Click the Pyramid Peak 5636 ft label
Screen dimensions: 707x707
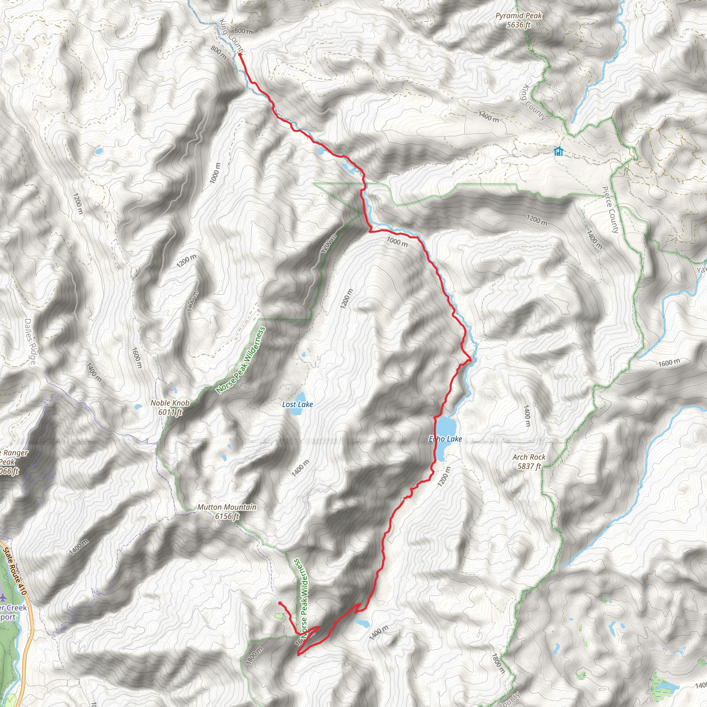click(518, 20)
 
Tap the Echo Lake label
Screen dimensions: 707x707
click(445, 439)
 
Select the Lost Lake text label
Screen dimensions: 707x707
click(298, 404)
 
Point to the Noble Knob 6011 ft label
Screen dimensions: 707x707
click(170, 407)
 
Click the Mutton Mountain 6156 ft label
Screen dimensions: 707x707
click(227, 512)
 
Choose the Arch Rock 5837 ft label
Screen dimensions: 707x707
click(529, 462)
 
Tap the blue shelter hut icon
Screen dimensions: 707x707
click(558, 151)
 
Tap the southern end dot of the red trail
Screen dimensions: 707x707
click(280, 603)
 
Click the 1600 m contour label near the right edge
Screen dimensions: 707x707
click(669, 363)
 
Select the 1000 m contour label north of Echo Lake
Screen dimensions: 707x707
click(397, 242)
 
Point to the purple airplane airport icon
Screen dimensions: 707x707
click(4, 598)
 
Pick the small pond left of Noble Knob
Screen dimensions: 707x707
click(138, 407)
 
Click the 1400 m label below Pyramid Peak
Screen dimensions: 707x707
click(488, 117)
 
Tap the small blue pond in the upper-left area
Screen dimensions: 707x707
click(98, 151)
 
